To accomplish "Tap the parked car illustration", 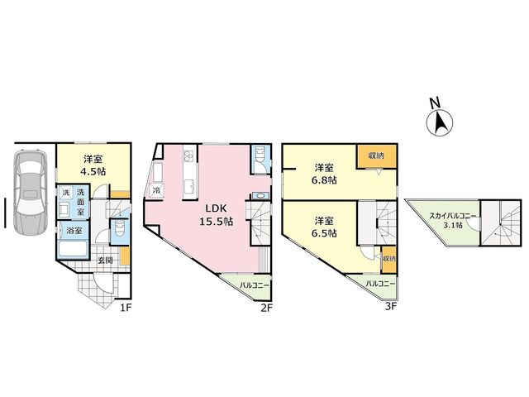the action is click(30, 192).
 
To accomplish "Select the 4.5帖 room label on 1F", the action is click(93, 165).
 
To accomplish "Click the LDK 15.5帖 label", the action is click(216, 215).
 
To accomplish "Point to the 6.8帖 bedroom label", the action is click(324, 174).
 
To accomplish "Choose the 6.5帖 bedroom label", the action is click(324, 227).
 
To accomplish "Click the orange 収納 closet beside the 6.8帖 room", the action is click(376, 156).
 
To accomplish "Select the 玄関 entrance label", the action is click(105, 261).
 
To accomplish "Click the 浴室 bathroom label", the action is click(74, 232).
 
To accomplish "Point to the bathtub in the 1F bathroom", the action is click(74, 250).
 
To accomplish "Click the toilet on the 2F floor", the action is click(261, 159).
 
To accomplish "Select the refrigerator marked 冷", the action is click(156, 189).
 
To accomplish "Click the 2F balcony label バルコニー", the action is click(255, 285).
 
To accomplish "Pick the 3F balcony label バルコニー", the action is click(380, 284).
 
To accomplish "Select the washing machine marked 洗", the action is click(66, 193).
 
